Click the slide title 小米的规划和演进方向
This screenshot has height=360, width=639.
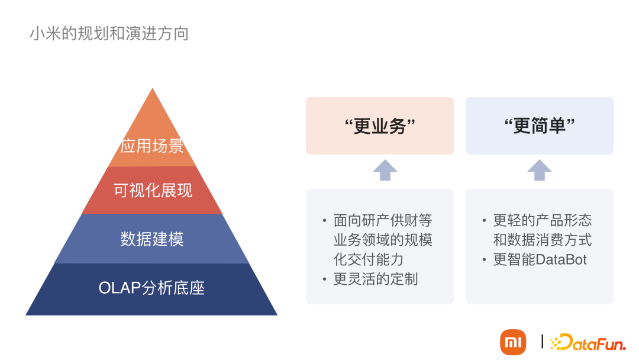109,33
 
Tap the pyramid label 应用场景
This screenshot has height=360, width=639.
152,146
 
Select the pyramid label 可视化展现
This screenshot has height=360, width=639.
153,191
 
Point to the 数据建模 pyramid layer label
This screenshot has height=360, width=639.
152,239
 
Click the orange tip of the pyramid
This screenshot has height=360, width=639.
153,107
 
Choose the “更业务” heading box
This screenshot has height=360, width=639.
379,126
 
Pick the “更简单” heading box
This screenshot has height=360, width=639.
539,126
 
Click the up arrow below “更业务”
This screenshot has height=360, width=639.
385,170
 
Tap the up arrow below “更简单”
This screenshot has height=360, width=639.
539,170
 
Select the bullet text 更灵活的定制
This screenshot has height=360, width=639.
375,279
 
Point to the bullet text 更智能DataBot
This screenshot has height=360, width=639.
540,259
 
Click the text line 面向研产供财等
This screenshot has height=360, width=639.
383,221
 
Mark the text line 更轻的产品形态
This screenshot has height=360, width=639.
542,221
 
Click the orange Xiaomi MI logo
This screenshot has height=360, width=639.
513,342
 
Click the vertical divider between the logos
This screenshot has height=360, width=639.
542,342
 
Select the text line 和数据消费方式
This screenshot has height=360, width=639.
542,240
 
